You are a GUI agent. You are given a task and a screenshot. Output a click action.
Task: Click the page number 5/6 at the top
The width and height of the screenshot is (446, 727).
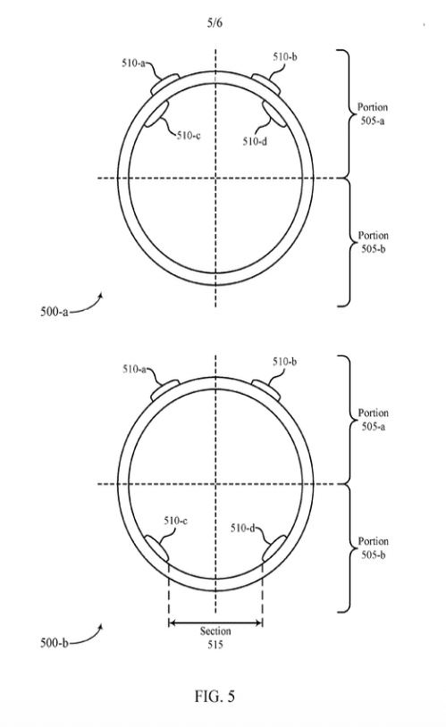pyautogui.click(x=215, y=22)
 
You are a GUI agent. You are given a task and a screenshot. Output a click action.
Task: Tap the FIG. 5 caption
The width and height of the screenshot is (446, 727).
pyautogui.click(x=215, y=696)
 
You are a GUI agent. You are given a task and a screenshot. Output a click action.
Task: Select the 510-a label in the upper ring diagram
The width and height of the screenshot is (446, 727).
pyautogui.click(x=133, y=63)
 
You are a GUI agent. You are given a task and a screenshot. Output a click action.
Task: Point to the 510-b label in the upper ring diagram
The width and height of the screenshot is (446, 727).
pyautogui.click(x=285, y=57)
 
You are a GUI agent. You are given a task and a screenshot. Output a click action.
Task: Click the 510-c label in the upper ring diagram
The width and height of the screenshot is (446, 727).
pyautogui.click(x=189, y=136)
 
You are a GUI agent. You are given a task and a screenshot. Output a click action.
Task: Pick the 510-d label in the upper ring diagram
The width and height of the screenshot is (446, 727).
pyautogui.click(x=255, y=141)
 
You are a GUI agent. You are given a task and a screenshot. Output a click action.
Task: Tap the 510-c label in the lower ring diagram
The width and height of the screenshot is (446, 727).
pyautogui.click(x=175, y=521)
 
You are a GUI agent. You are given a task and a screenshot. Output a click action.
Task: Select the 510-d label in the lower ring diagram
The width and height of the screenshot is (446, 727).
pyautogui.click(x=243, y=528)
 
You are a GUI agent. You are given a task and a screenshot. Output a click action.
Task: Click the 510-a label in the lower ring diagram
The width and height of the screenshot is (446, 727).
pyautogui.click(x=134, y=369)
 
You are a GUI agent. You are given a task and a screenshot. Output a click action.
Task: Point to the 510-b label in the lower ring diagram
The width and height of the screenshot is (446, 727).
pyautogui.click(x=284, y=362)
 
